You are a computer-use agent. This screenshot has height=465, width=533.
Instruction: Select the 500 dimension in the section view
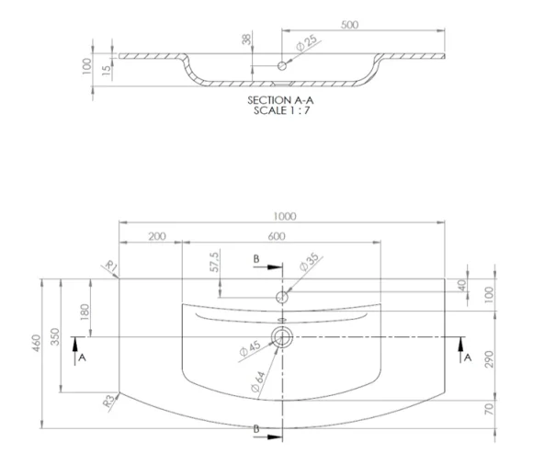click(x=349, y=25)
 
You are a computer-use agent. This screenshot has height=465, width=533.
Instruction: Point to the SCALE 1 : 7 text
click(x=282, y=108)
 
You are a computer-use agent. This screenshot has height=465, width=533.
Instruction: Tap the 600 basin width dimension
click(x=282, y=237)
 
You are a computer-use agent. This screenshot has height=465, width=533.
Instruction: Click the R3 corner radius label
click(x=109, y=399)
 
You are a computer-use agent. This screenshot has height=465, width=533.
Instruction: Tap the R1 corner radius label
click(x=112, y=267)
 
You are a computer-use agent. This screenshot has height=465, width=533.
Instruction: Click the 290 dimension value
click(x=490, y=359)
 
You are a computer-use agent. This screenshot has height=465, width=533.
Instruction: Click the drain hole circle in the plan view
click(x=282, y=337)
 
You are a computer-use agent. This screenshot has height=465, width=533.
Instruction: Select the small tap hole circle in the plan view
click(x=282, y=298)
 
